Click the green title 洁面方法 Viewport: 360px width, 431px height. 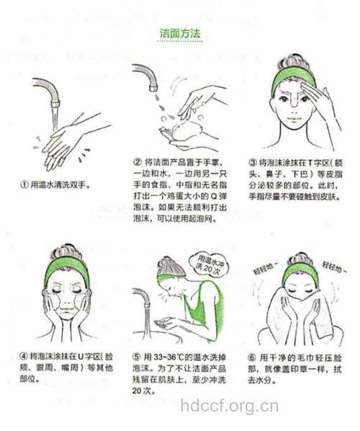[179, 34]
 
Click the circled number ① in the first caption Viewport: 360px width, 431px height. [24, 185]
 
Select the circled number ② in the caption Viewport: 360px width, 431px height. [137, 162]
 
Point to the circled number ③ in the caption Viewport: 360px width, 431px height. [253, 162]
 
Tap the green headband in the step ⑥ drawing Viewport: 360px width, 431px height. [299, 272]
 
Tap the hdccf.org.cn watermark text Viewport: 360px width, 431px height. [228, 406]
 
